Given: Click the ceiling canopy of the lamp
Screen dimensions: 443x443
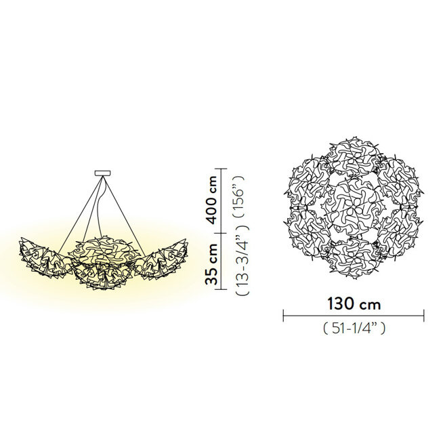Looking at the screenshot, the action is [x=102, y=173].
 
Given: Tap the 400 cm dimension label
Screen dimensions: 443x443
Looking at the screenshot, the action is [x=211, y=200].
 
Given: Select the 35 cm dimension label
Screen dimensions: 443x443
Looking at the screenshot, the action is [x=211, y=263].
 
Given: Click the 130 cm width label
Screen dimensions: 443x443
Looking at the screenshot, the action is [x=354, y=304].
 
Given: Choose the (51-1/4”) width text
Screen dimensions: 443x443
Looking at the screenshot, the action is [x=354, y=329].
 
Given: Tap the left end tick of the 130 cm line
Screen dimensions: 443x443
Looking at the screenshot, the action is [x=283, y=315].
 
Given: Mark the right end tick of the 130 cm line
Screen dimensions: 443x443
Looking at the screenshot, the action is [x=424, y=315].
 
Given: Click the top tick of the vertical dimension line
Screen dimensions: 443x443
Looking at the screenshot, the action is [x=220, y=169].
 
